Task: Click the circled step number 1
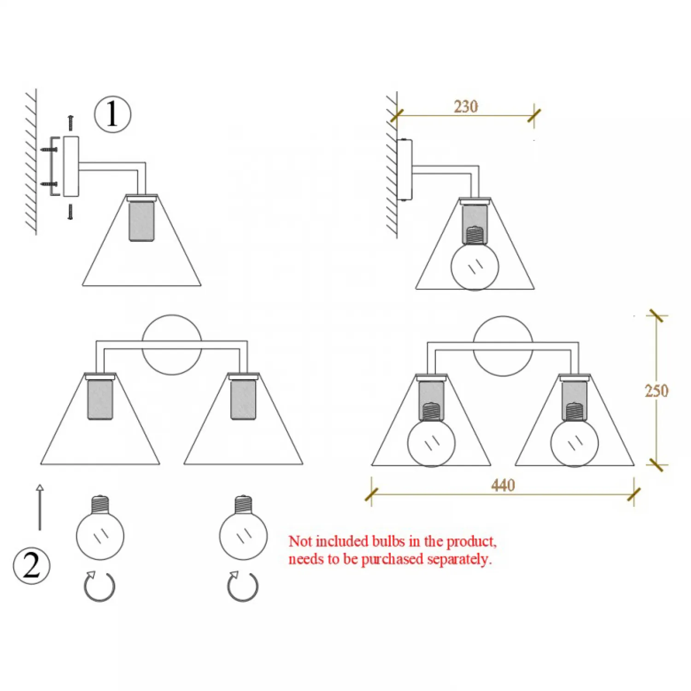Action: pyautogui.click(x=112, y=114)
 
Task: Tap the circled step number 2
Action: pyautogui.click(x=31, y=566)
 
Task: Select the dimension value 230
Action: pyautogui.click(x=466, y=106)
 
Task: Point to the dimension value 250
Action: pyautogui.click(x=656, y=391)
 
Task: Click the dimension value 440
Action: pyautogui.click(x=503, y=485)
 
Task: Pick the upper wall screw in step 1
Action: pyautogui.click(x=50, y=149)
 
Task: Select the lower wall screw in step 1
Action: pyautogui.click(x=50, y=184)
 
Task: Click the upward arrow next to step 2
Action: pyautogui.click(x=40, y=507)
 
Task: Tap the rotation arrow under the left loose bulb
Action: pyautogui.click(x=100, y=586)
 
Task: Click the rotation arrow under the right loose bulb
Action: pyautogui.click(x=243, y=586)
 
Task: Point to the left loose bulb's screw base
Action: pyautogui.click(x=100, y=505)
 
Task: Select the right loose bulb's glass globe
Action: pyautogui.click(x=243, y=536)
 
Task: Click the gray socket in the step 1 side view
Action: pyautogui.click(x=141, y=221)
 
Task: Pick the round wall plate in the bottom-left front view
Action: pyautogui.click(x=172, y=345)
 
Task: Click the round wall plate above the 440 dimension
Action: pyautogui.click(x=503, y=346)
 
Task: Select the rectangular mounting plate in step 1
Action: pyautogui.click(x=71, y=166)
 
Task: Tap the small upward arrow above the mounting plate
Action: pyautogui.click(x=70, y=123)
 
